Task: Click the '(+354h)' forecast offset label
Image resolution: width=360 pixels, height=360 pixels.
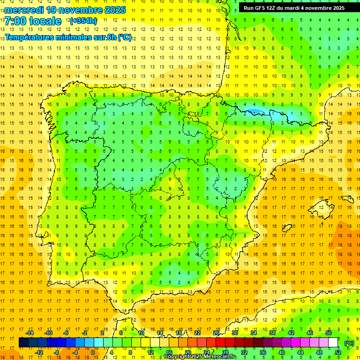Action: pyautogui.click(x=83, y=21)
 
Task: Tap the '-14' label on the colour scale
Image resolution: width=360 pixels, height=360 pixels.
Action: pyautogui.click(x=30, y=332)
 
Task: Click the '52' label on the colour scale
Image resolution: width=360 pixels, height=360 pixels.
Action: pyautogui.click(x=337, y=352)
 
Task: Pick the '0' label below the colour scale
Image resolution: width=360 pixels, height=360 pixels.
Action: pyautogui.click(x=92, y=352)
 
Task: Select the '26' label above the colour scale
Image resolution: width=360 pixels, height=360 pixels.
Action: pyautogui.click(x=216, y=332)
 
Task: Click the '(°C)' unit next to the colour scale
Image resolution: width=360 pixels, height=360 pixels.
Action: pyautogui.click(x=349, y=343)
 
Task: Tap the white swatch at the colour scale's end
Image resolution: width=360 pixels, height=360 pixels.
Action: pyautogui.click(x=333, y=343)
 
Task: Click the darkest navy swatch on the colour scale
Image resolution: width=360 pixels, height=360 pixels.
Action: pyautogui.click(x=23, y=343)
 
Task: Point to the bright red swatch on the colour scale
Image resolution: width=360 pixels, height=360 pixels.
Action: pyautogui.click(x=220, y=343)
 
